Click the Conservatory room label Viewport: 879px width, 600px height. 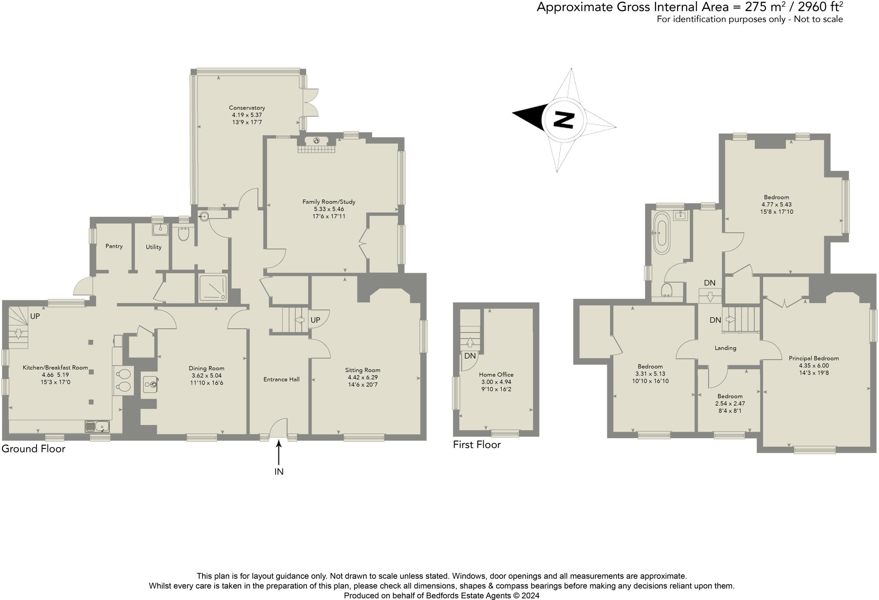pos(247,108)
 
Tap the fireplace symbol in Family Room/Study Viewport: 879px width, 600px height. pos(316,140)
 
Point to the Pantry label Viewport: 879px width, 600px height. pos(114,246)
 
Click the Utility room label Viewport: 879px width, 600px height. pos(154,247)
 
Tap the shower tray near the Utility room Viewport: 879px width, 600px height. pos(213,288)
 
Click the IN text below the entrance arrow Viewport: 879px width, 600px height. pos(279,472)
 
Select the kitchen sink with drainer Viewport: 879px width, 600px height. pos(97,426)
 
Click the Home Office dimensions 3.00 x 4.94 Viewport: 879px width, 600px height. pos(496,382)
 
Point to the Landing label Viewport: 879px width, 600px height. pos(725,348)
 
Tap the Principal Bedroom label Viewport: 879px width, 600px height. pos(814,358)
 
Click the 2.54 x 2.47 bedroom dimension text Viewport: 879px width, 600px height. pos(730,403)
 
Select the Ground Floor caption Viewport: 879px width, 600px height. pos(33,449)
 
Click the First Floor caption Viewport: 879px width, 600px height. pos(477,445)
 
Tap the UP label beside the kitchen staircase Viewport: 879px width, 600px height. pos(35,316)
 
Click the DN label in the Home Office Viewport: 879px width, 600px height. pos(470,356)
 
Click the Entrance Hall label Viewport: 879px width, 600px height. pos(282,379)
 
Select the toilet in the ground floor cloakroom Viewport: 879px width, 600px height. pos(183,234)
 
